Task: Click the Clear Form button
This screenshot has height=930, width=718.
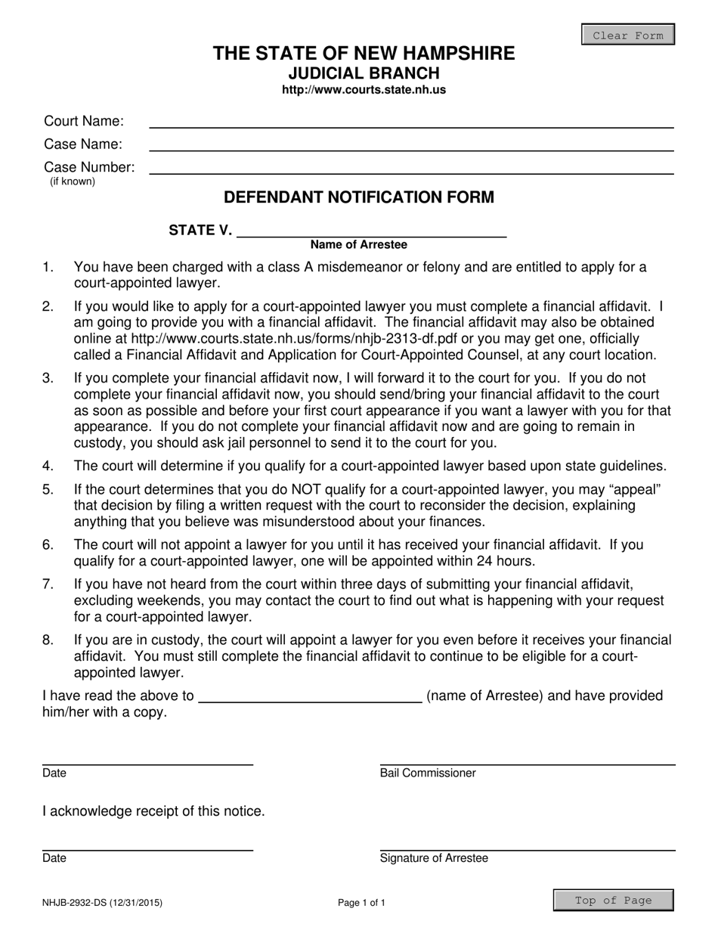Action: pyautogui.click(x=627, y=35)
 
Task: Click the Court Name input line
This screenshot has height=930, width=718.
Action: pyautogui.click(x=411, y=122)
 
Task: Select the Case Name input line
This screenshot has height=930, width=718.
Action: pyautogui.click(x=411, y=145)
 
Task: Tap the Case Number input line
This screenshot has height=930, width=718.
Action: pyautogui.click(x=411, y=169)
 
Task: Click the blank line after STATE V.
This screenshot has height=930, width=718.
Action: pyautogui.click(x=371, y=231)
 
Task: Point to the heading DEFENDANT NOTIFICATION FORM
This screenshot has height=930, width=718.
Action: pyautogui.click(x=359, y=197)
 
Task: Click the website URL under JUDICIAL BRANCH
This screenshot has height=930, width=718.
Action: pyautogui.click(x=364, y=89)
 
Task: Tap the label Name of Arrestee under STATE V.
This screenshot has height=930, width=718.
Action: pyautogui.click(x=358, y=245)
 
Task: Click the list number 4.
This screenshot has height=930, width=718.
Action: pyautogui.click(x=48, y=466)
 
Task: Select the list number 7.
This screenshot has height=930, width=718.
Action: pyautogui.click(x=48, y=584)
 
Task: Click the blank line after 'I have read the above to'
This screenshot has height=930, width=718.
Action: pyautogui.click(x=310, y=697)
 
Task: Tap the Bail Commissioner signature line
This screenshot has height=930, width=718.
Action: pyautogui.click(x=527, y=760)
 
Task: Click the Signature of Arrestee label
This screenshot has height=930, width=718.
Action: pyautogui.click(x=434, y=858)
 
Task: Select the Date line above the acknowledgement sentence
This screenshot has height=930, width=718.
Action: pyautogui.click(x=147, y=760)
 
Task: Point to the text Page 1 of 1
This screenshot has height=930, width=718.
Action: pyautogui.click(x=361, y=902)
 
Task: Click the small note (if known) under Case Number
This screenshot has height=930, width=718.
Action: pyautogui.click(x=73, y=181)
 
